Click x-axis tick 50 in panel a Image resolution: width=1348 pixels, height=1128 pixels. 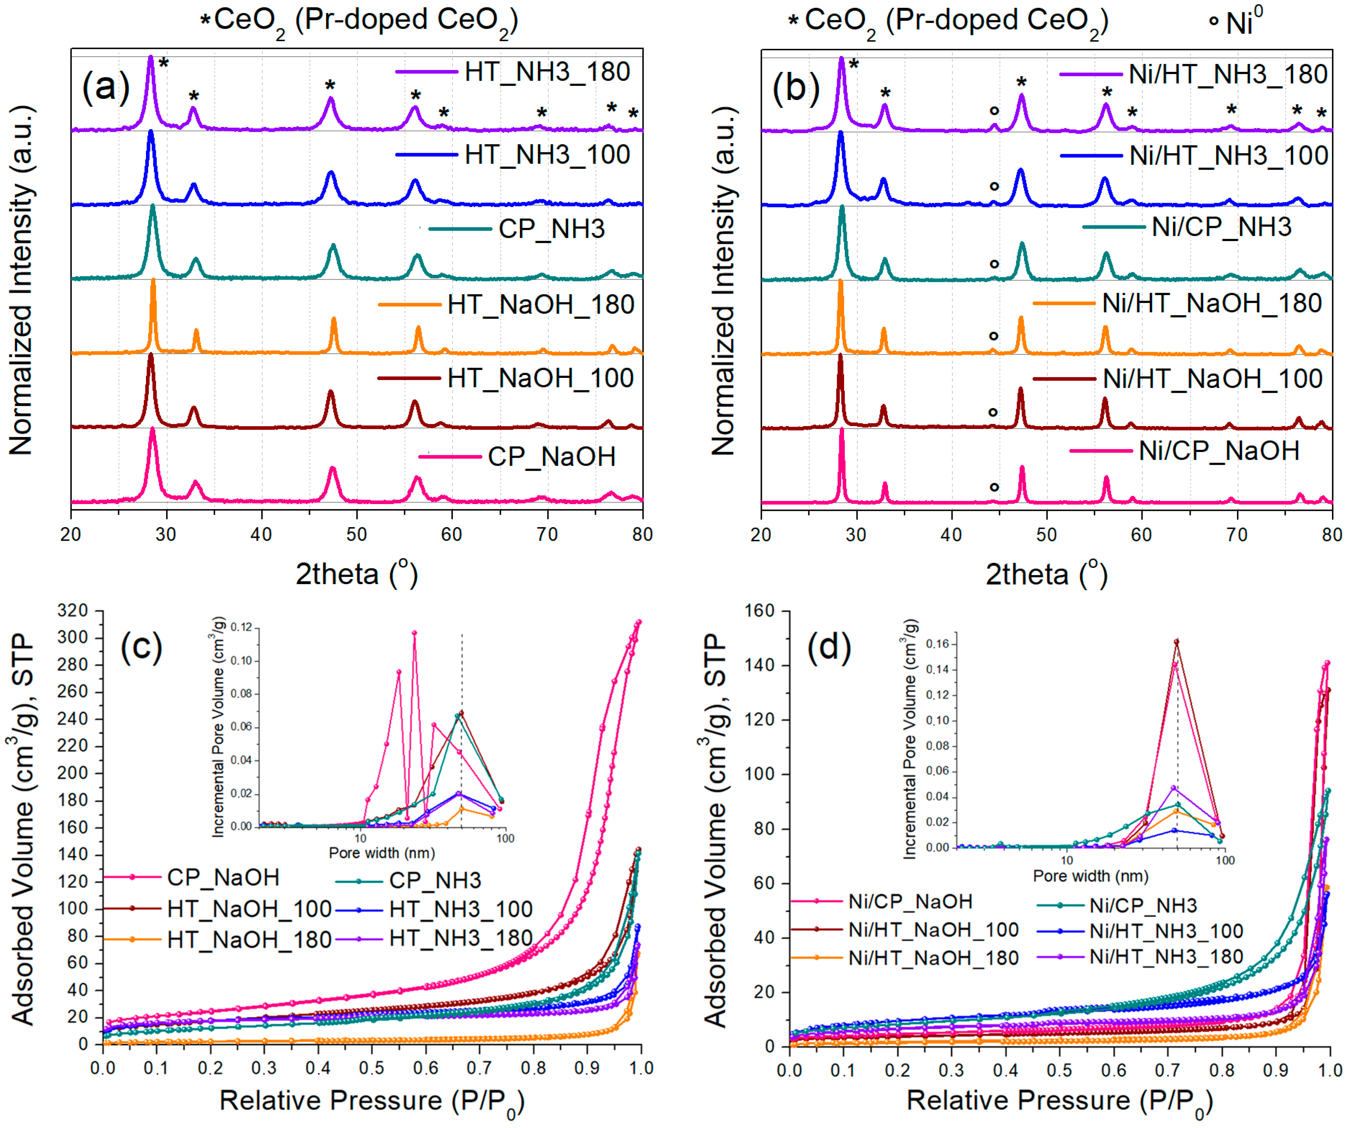356,534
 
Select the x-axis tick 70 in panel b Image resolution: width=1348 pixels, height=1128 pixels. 1236,534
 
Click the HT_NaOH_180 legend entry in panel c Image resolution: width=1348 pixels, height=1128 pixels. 249,939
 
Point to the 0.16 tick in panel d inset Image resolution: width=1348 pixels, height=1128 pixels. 938,643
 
